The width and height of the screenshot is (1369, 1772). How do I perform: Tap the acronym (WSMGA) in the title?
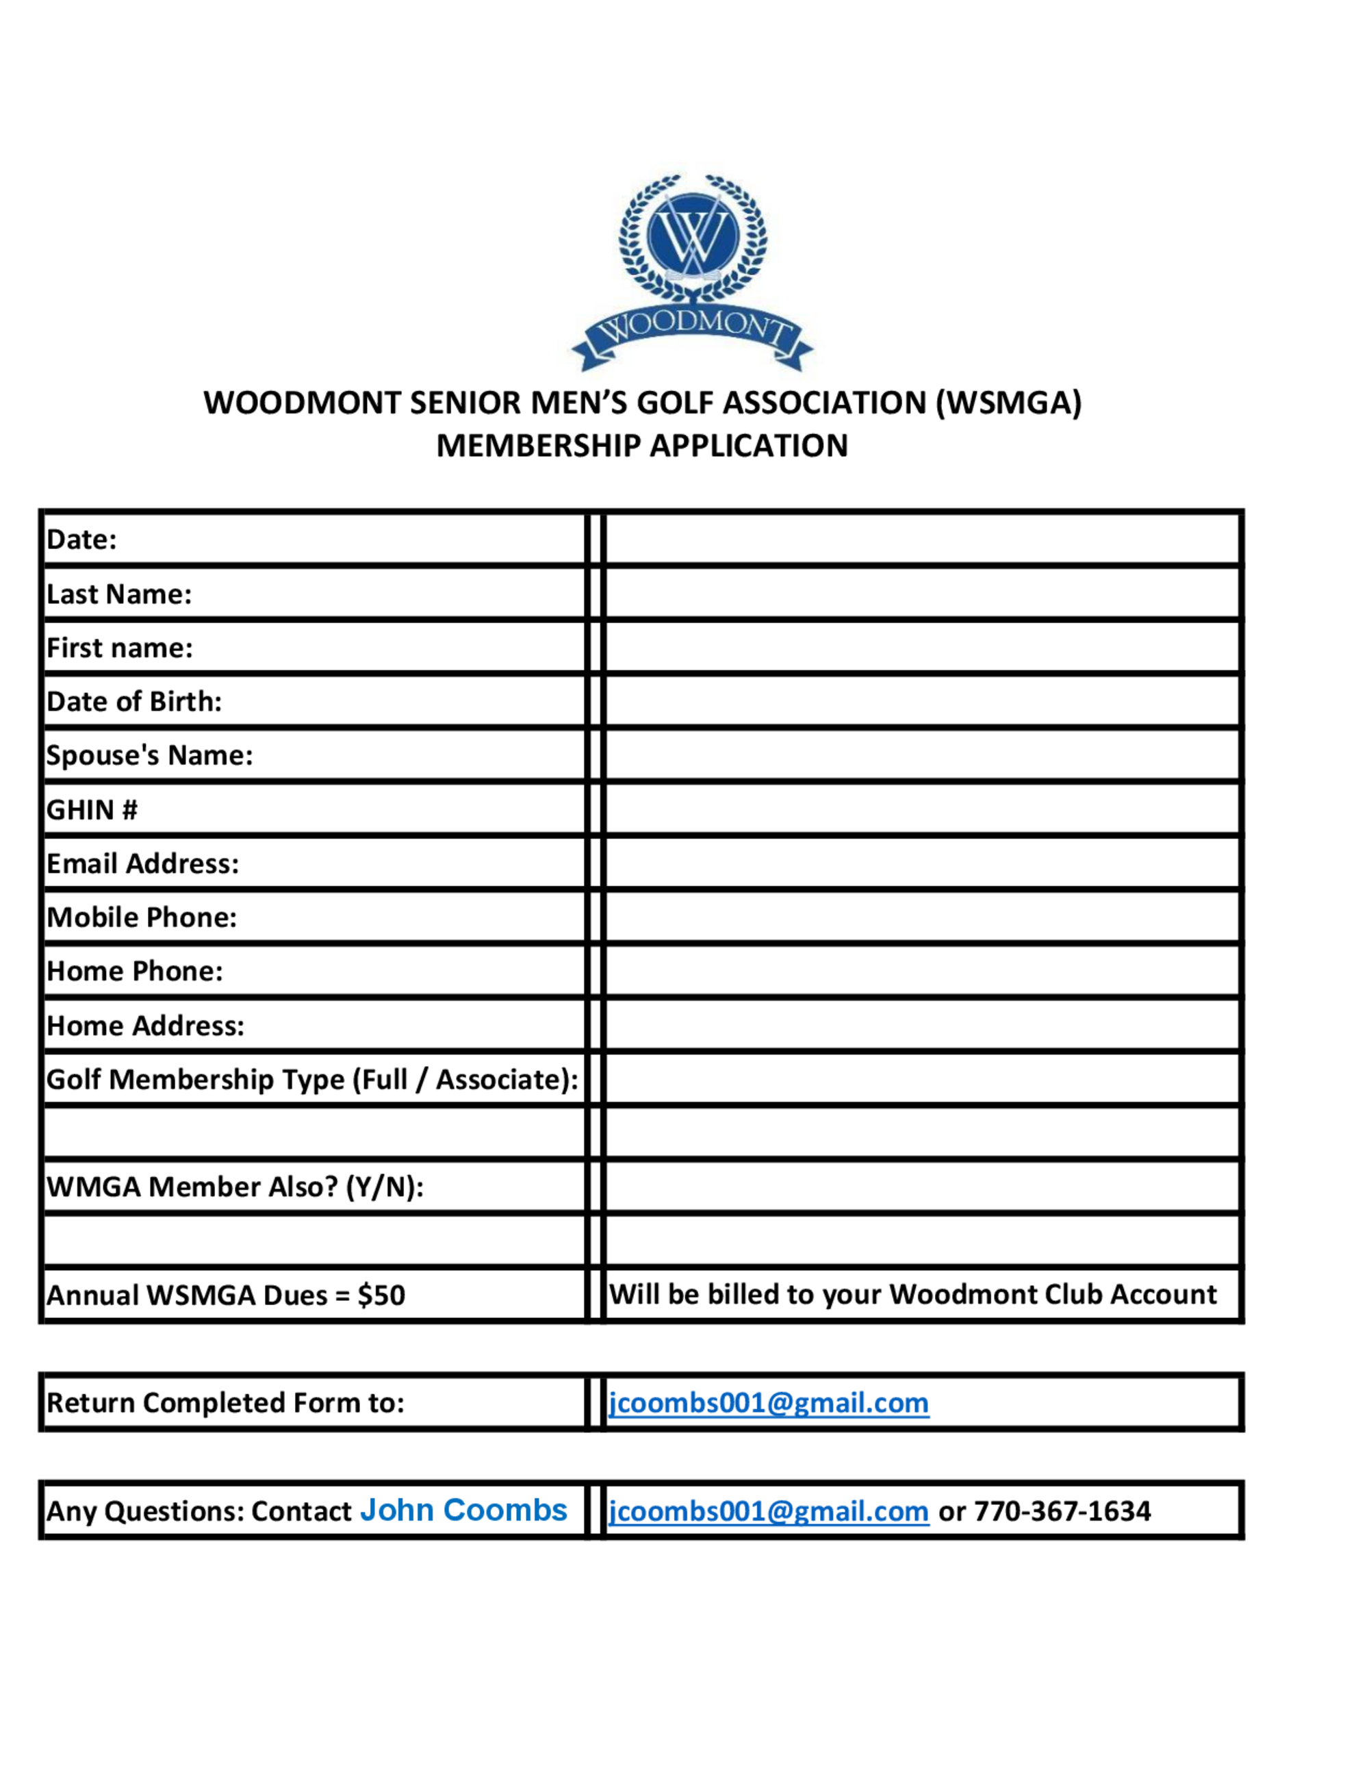click(x=1008, y=403)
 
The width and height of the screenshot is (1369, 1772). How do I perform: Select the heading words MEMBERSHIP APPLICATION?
click(x=641, y=446)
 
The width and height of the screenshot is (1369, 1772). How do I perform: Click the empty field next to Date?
click(x=923, y=539)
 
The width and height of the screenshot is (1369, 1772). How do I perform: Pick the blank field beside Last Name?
click(x=923, y=593)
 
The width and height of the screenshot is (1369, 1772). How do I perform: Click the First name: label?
click(x=119, y=648)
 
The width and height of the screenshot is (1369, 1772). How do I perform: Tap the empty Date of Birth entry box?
click(x=923, y=701)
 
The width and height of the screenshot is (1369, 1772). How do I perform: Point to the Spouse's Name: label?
click(x=149, y=755)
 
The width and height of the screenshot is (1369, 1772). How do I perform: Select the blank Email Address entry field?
click(x=923, y=863)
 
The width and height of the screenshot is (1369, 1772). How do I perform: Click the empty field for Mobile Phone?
click(x=923, y=917)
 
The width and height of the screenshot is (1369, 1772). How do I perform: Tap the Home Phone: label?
click(x=135, y=971)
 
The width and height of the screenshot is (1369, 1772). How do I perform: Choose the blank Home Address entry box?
click(x=923, y=1025)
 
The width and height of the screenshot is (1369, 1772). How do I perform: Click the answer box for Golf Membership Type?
click(x=923, y=1079)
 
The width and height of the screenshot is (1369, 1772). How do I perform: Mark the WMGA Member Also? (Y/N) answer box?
click(x=923, y=1187)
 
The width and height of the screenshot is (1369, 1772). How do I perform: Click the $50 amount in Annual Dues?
click(x=381, y=1295)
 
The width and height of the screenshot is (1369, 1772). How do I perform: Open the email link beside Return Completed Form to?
click(x=768, y=1403)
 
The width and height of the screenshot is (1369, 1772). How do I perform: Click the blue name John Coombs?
click(x=463, y=1510)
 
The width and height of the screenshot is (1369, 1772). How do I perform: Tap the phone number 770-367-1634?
click(x=1062, y=1510)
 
